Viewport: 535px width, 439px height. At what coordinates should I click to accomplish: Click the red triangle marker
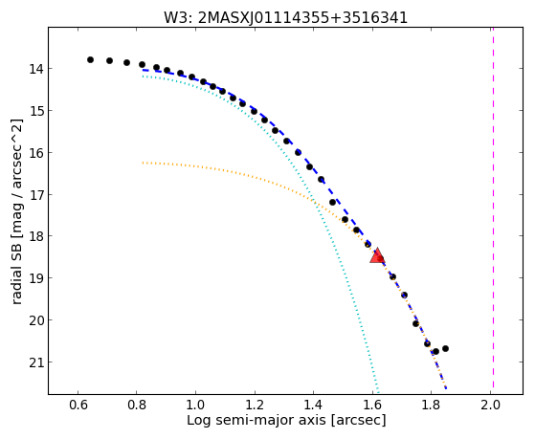click(x=377, y=255)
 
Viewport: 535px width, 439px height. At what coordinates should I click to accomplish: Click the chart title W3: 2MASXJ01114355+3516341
click(x=285, y=17)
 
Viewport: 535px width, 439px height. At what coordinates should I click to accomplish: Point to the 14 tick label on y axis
click(x=36, y=69)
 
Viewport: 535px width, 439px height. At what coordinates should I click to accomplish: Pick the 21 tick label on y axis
click(x=36, y=362)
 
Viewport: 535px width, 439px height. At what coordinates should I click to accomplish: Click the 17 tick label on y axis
click(x=36, y=195)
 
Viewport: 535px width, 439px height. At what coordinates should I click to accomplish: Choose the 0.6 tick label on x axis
click(x=78, y=405)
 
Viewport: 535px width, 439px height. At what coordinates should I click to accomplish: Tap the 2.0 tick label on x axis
click(x=490, y=405)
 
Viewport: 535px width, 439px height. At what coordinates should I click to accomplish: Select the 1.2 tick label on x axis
click(x=255, y=405)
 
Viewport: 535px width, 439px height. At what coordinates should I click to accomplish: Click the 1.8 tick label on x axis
click(x=431, y=405)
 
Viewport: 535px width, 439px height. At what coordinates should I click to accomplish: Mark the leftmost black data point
click(x=90, y=59)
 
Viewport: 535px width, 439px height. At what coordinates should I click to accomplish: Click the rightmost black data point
click(x=445, y=348)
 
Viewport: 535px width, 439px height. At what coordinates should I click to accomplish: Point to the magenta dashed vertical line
click(x=493, y=208)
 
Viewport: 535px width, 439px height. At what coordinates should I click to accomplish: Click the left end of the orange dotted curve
click(x=143, y=163)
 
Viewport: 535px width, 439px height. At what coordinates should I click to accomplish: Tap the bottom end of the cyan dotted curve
click(x=378, y=391)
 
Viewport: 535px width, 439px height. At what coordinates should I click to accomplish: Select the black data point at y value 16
click(x=298, y=152)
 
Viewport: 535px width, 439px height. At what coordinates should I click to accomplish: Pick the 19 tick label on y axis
click(x=36, y=278)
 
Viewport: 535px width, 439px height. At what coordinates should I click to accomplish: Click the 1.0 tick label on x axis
click(x=196, y=405)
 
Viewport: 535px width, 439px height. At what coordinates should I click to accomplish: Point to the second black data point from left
click(x=109, y=60)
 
